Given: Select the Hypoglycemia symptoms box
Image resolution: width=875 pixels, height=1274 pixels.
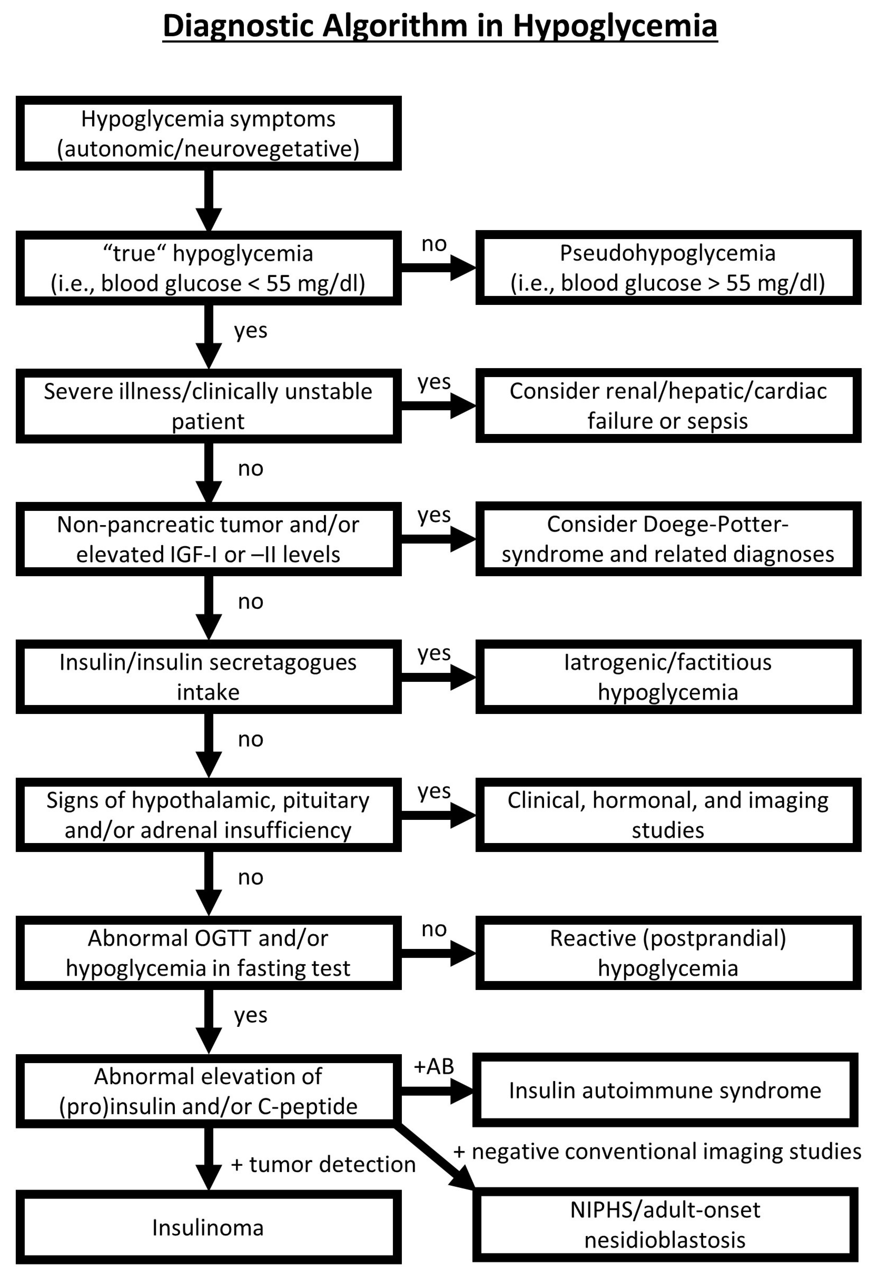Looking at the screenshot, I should click(x=208, y=133).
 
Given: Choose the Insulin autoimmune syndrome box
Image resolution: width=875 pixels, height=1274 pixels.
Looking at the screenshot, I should click(x=665, y=1090).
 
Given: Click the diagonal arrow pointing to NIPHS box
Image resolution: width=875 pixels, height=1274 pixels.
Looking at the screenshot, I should click(x=436, y=1157).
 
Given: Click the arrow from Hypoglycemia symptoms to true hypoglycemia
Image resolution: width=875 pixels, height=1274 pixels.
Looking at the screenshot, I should click(x=209, y=200).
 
